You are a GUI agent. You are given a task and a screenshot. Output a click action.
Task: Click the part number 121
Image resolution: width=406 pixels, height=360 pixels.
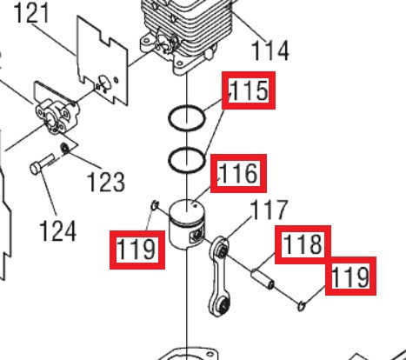(x=30, y=13)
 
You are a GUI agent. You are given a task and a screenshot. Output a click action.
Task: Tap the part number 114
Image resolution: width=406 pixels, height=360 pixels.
(x=270, y=50)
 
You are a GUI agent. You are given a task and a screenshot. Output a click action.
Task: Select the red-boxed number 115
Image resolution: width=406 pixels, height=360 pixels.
(x=249, y=90)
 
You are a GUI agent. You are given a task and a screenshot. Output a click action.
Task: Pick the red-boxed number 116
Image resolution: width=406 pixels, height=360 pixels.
(x=238, y=173)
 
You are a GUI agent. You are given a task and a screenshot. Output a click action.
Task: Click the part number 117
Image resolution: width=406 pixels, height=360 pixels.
(x=269, y=210)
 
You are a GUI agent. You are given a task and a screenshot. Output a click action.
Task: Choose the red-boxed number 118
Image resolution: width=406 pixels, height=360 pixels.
(x=303, y=244)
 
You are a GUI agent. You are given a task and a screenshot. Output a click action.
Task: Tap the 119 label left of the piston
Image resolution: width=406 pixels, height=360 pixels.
(x=137, y=250)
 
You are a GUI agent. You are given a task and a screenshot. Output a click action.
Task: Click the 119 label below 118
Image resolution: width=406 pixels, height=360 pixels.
(x=350, y=276)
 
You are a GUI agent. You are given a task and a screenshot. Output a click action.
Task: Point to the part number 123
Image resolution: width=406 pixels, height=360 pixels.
(x=106, y=182)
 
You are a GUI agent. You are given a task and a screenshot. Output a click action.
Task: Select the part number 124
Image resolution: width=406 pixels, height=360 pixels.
(x=57, y=230)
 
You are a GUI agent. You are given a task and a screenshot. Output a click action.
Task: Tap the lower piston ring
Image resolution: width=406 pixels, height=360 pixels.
(x=170, y=160)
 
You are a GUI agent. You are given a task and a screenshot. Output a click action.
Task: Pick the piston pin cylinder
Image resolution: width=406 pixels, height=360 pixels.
(x=263, y=278)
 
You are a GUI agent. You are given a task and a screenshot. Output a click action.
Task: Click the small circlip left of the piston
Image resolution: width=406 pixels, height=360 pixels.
(x=155, y=205)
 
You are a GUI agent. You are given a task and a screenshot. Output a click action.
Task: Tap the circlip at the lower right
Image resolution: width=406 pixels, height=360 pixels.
(x=302, y=306)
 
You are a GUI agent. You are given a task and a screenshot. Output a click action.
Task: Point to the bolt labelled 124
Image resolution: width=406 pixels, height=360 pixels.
(x=43, y=164)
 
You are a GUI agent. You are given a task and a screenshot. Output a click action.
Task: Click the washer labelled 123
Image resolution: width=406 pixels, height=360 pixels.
(x=64, y=148)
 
